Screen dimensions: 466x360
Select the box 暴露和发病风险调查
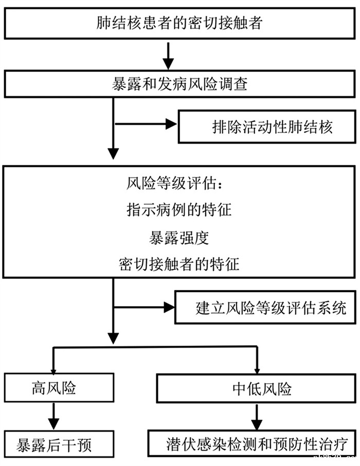pyautogui.click(x=180, y=83)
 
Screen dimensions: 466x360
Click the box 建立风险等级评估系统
pyautogui.click(x=265, y=308)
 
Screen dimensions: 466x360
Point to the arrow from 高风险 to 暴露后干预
pyautogui.click(x=53, y=414)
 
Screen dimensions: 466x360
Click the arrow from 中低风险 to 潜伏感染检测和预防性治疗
pyautogui.click(x=256, y=414)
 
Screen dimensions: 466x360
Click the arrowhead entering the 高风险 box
pyautogui.click(x=53, y=369)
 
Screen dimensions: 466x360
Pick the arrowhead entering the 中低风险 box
pyautogui.click(x=256, y=370)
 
